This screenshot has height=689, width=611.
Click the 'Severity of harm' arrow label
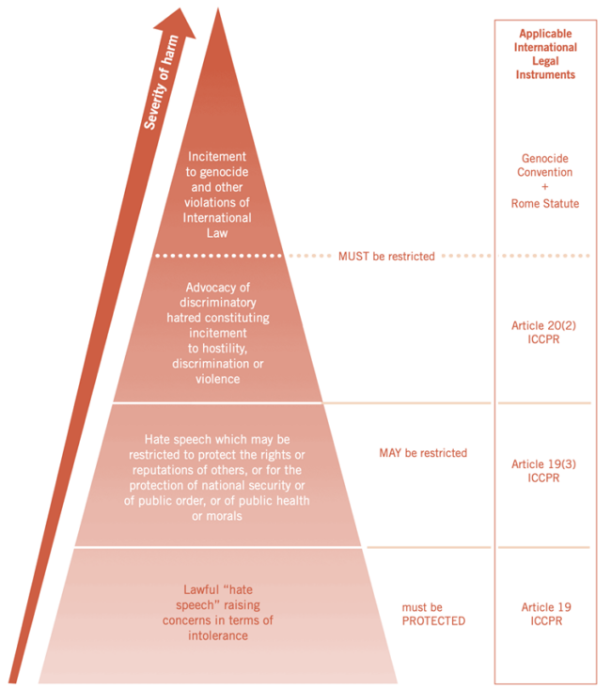click(x=161, y=83)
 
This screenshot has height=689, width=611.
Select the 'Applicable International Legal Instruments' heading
click(x=545, y=54)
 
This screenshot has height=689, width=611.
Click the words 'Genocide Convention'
click(x=545, y=165)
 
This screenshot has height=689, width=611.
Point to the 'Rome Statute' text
click(x=545, y=203)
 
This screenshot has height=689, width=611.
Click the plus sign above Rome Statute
click(x=545, y=187)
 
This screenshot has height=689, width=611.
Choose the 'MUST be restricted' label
click(x=386, y=257)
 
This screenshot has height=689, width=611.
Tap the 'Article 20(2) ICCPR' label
click(x=543, y=332)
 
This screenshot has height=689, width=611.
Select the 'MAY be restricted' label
click(x=423, y=453)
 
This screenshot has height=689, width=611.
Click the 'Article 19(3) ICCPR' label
click(x=543, y=471)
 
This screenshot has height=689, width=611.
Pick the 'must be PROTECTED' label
click(x=433, y=614)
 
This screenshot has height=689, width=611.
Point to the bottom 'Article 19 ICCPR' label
click(x=546, y=614)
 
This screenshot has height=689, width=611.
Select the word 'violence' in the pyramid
click(x=217, y=379)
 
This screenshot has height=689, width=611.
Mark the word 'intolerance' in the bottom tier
click(x=217, y=635)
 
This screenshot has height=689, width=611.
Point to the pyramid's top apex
click(x=217, y=8)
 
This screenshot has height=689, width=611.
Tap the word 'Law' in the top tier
click(x=217, y=233)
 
